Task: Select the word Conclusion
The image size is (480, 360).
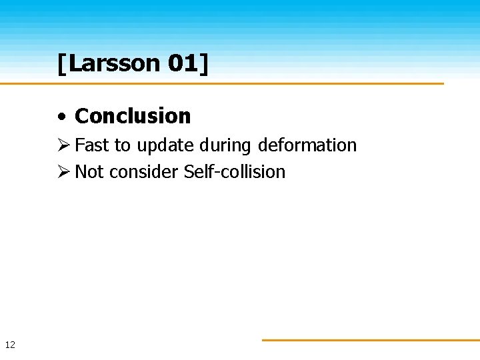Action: coord(133,116)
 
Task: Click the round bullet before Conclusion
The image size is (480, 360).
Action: coord(61,117)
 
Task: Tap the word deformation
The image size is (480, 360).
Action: coord(307,145)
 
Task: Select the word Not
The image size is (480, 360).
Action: coord(89,172)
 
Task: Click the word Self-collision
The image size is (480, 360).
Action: coord(234,172)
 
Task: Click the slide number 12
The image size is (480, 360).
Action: coord(10,345)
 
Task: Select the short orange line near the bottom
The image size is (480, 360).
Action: coord(370,340)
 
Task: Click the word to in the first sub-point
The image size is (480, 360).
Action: coord(123,145)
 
